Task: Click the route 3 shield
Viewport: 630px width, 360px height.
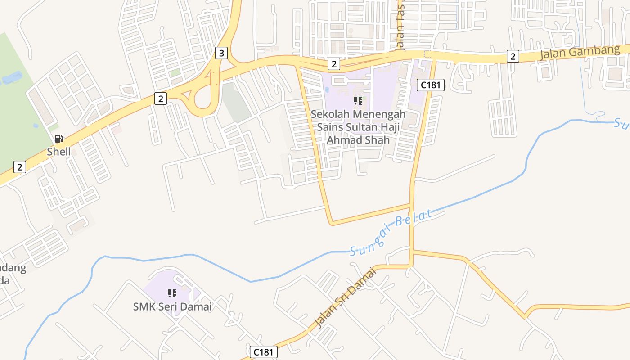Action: [x=221, y=53]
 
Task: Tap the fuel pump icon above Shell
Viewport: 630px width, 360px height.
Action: [x=58, y=139]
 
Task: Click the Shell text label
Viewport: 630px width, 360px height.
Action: [x=59, y=152]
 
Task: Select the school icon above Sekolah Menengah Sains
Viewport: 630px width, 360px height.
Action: [x=358, y=101]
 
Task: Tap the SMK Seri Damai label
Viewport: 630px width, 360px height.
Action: [x=172, y=307]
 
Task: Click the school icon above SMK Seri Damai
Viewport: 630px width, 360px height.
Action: [x=172, y=293]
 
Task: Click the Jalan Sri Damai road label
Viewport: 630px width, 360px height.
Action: [x=345, y=297]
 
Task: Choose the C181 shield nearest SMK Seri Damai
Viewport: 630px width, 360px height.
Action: [x=264, y=352]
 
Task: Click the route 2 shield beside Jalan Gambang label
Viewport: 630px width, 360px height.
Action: [x=513, y=56]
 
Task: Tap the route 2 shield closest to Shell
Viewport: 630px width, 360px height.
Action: [x=19, y=167]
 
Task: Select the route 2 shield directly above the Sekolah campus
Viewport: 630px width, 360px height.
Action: [x=333, y=64]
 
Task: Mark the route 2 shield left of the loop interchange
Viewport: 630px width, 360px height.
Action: [x=161, y=98]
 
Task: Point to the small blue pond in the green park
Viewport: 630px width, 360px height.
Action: [x=11, y=78]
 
